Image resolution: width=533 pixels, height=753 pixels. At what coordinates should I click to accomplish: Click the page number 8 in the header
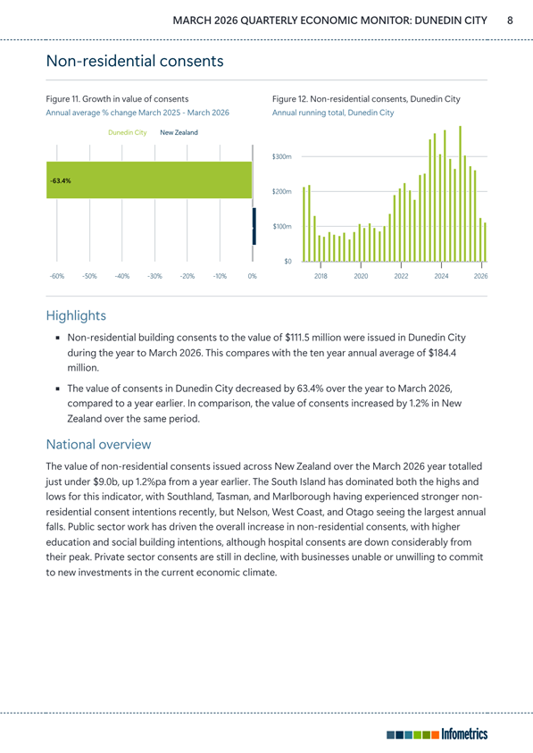(510, 21)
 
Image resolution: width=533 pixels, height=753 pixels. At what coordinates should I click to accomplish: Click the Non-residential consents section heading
(135, 61)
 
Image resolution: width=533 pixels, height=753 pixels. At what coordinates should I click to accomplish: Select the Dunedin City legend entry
(128, 132)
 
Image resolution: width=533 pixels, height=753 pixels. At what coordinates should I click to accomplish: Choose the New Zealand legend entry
(179, 132)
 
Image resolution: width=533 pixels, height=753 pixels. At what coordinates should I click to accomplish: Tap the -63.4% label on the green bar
(61, 181)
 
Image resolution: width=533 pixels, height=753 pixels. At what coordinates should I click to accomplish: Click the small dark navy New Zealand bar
(254, 226)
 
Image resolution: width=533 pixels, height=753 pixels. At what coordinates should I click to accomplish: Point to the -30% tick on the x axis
(154, 276)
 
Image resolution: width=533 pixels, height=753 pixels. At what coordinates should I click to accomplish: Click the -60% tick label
(56, 276)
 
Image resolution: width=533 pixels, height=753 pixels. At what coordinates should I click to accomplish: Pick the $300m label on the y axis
(282, 156)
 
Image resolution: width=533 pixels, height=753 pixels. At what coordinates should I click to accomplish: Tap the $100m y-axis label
(282, 226)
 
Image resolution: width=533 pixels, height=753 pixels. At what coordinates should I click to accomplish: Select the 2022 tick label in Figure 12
(401, 276)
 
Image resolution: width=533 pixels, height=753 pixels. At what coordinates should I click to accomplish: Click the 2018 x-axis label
(321, 276)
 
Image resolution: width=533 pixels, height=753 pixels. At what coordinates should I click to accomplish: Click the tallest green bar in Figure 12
(460, 194)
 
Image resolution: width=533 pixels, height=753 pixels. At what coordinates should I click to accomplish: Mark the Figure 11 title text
(117, 99)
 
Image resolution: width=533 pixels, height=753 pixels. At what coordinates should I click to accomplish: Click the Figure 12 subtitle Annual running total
(333, 113)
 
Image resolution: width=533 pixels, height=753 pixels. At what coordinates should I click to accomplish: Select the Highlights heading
(76, 315)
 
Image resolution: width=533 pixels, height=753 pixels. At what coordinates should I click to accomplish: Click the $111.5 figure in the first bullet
(296, 338)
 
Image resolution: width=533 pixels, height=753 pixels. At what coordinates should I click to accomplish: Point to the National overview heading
(98, 444)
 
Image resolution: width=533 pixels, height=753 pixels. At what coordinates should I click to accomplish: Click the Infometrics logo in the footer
(437, 734)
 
